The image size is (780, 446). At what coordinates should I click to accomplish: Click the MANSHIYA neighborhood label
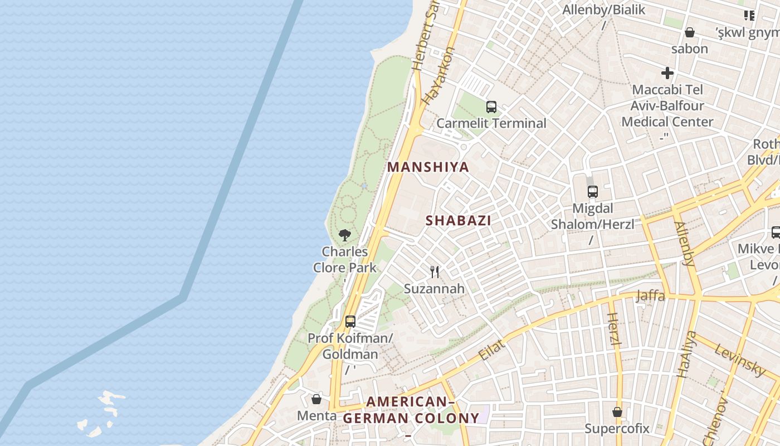(x=428, y=167)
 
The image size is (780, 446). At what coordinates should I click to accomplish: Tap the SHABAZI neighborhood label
(x=459, y=220)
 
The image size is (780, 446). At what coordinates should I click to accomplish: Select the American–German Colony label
(x=411, y=410)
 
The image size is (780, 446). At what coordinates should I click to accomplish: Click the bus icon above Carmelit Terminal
(x=491, y=107)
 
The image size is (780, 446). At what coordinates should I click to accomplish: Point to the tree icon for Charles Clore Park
(x=345, y=235)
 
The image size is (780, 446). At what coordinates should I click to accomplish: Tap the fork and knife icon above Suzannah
(x=435, y=272)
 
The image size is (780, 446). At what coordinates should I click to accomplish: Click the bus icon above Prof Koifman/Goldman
(x=350, y=321)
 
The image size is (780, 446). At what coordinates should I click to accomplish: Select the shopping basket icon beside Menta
(x=316, y=399)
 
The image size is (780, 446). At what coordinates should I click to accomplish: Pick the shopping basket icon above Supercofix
(x=617, y=412)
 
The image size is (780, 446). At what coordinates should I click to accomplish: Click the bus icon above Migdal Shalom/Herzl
(x=593, y=192)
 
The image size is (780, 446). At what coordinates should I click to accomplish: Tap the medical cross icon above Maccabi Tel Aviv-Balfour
(x=667, y=73)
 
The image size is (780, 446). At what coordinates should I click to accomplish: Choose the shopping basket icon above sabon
(x=689, y=32)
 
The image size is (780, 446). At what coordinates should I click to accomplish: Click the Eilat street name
(x=492, y=350)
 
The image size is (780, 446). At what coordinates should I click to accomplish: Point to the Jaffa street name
(x=650, y=295)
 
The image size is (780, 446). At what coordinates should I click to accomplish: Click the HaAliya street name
(x=686, y=355)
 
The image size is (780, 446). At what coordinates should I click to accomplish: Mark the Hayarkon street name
(x=439, y=76)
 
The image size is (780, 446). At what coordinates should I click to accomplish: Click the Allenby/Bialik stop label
(x=603, y=10)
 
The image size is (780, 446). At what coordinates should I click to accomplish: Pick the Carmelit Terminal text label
(x=491, y=123)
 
